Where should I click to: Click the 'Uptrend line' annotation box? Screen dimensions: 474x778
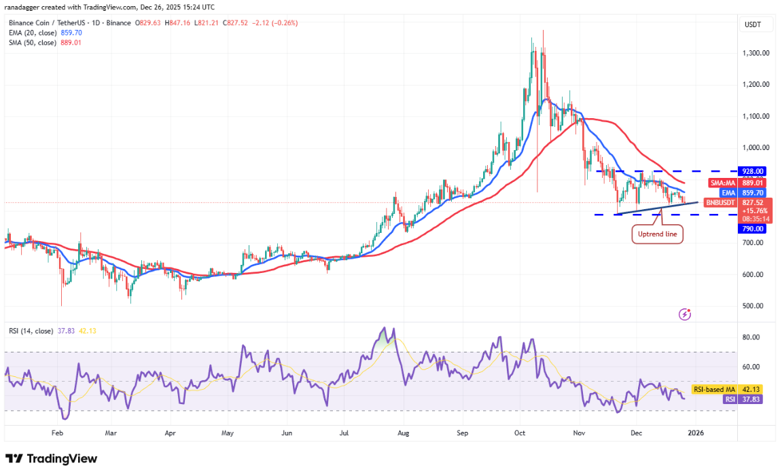657,234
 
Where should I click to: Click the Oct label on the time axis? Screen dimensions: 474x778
520,432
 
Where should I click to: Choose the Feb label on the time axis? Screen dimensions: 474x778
57,432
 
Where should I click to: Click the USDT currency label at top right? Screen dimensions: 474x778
753,25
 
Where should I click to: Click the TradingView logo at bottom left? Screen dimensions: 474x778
52,459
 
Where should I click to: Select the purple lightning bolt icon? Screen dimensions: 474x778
685,314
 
